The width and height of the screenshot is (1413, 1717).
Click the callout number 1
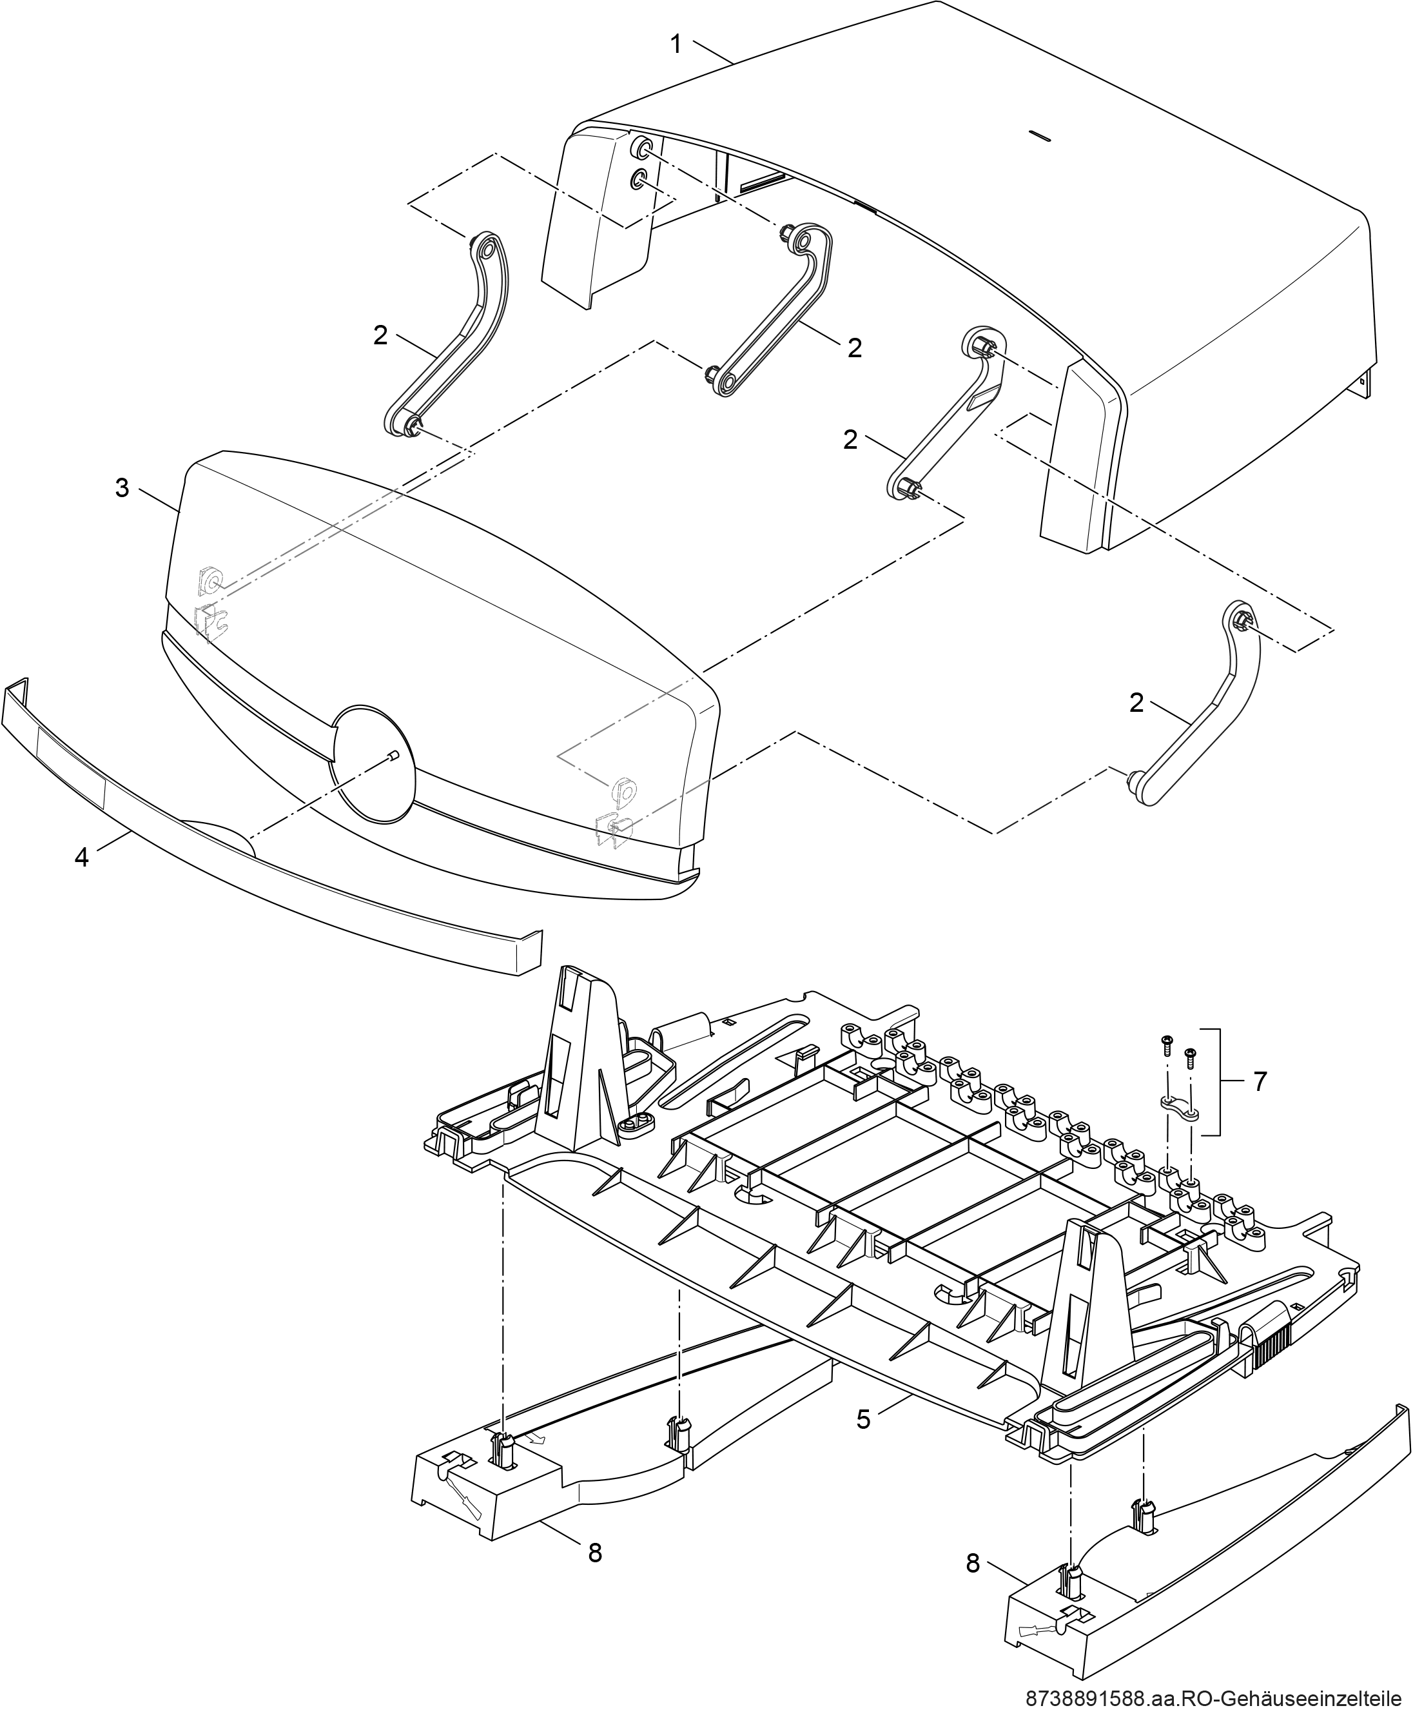pyautogui.click(x=676, y=44)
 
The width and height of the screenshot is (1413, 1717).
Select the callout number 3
pyautogui.click(x=122, y=489)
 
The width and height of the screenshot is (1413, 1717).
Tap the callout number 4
pyautogui.click(x=81, y=858)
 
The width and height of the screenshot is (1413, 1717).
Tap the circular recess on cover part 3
pyautogui.click(x=375, y=761)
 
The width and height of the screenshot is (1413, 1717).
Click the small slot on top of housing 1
pyautogui.click(x=1040, y=135)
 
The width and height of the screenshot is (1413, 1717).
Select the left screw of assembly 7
pyautogui.click(x=1165, y=1045)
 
